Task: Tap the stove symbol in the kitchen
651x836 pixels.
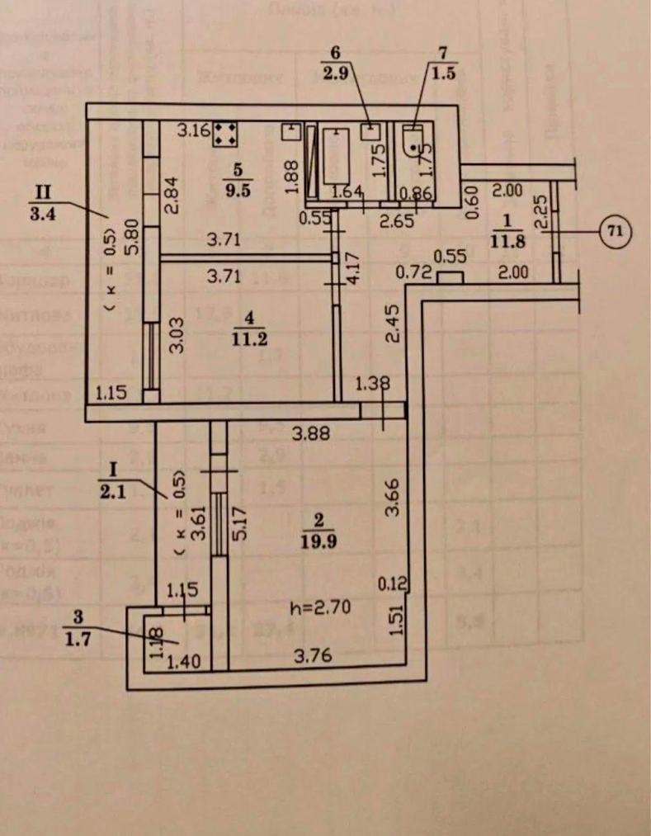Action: (225, 135)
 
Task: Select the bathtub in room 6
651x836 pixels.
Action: (338, 154)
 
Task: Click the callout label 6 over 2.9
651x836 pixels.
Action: (335, 63)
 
